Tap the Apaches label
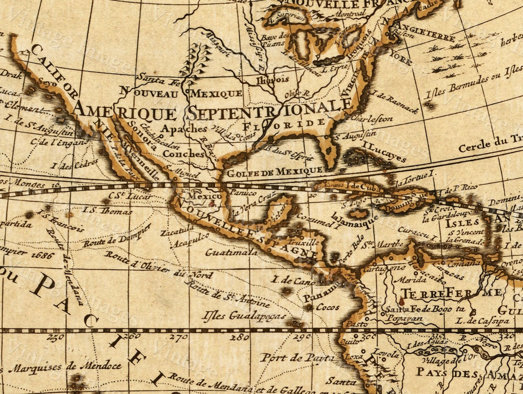coord(184,129)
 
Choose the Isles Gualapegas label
coord(244,316)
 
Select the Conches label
coord(183,154)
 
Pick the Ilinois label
coord(273,79)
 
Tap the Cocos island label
coord(327,307)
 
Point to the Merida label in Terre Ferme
coord(412,280)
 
